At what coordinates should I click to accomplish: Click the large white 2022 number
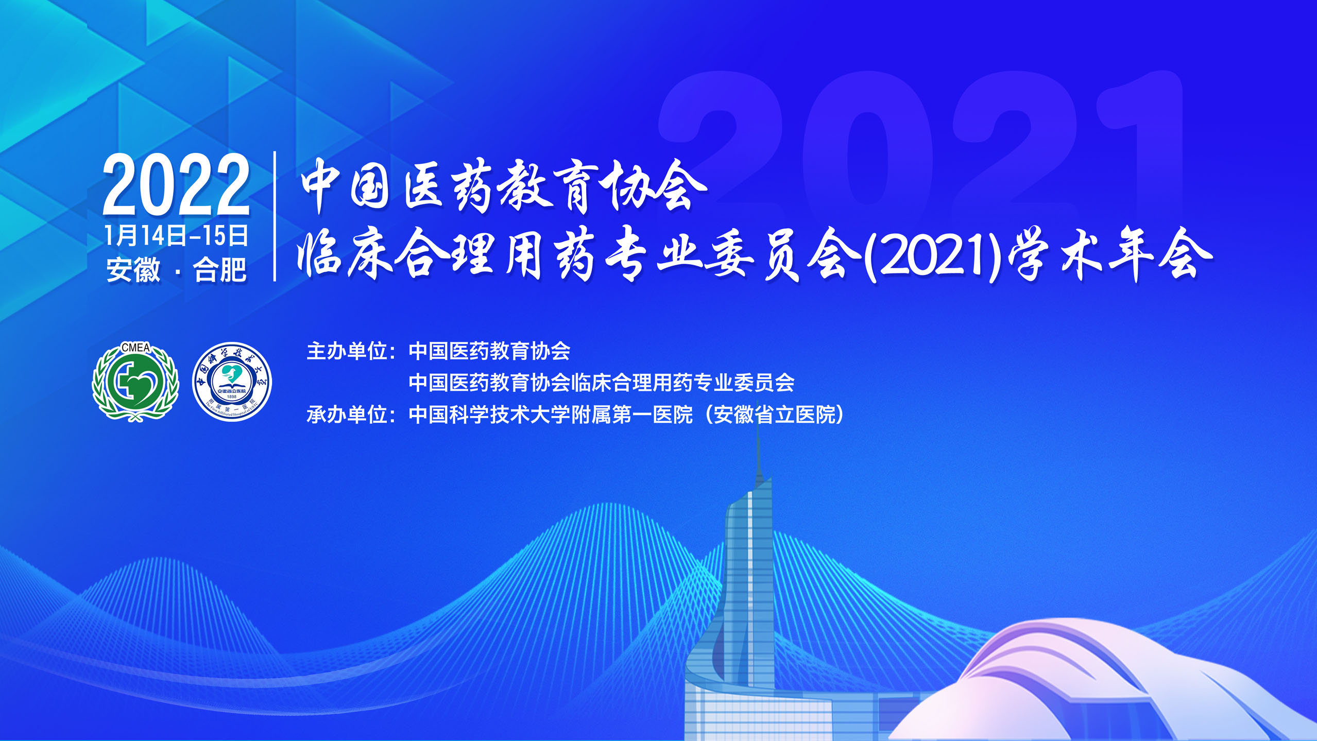point(177,184)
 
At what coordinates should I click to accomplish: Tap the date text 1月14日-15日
point(177,236)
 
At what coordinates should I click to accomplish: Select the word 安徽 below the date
point(133,269)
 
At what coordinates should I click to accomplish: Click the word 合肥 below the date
point(220,269)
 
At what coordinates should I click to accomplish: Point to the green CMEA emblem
point(135,382)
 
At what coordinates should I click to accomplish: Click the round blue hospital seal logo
point(232,382)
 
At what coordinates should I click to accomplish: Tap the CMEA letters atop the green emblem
point(135,348)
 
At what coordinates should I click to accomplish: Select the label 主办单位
point(346,351)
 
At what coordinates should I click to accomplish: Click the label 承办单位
point(346,415)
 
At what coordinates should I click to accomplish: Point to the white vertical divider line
point(275,216)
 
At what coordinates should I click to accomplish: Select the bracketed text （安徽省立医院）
point(774,415)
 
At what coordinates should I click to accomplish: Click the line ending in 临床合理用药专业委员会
point(602,383)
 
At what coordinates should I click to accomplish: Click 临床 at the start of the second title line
point(345,256)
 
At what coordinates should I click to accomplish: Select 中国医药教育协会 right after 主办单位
point(489,351)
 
